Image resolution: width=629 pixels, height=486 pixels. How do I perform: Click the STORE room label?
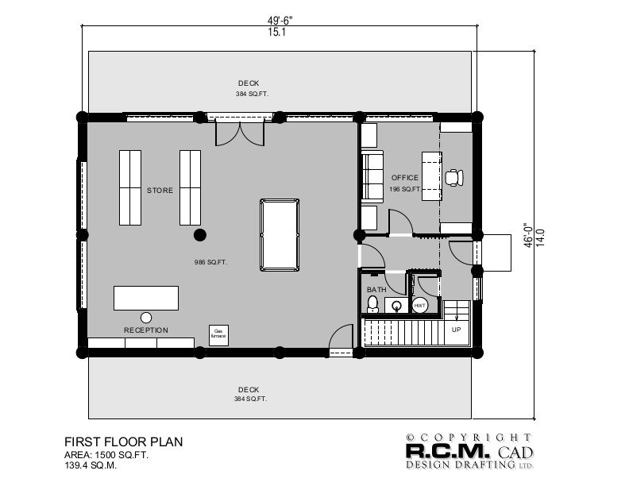click(160, 191)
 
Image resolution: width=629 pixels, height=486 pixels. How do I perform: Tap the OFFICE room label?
click(405, 178)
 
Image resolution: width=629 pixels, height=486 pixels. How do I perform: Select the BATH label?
click(376, 290)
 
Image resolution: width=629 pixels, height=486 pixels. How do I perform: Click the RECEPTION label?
click(145, 330)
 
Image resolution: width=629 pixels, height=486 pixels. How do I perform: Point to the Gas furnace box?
click(218, 335)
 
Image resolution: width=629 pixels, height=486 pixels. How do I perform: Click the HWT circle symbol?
click(420, 305)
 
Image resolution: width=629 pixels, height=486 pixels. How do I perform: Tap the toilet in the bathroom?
click(374, 304)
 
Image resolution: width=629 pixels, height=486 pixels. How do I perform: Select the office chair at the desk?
click(455, 178)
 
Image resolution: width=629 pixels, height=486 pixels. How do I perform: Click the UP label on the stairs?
click(455, 329)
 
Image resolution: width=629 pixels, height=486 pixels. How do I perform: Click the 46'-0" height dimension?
click(527, 235)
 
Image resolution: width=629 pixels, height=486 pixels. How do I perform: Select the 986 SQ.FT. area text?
click(211, 262)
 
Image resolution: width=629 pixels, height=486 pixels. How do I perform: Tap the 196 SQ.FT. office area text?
click(405, 190)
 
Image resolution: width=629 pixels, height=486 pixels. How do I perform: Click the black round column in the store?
click(200, 234)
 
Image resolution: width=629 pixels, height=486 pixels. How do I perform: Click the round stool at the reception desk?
click(146, 317)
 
